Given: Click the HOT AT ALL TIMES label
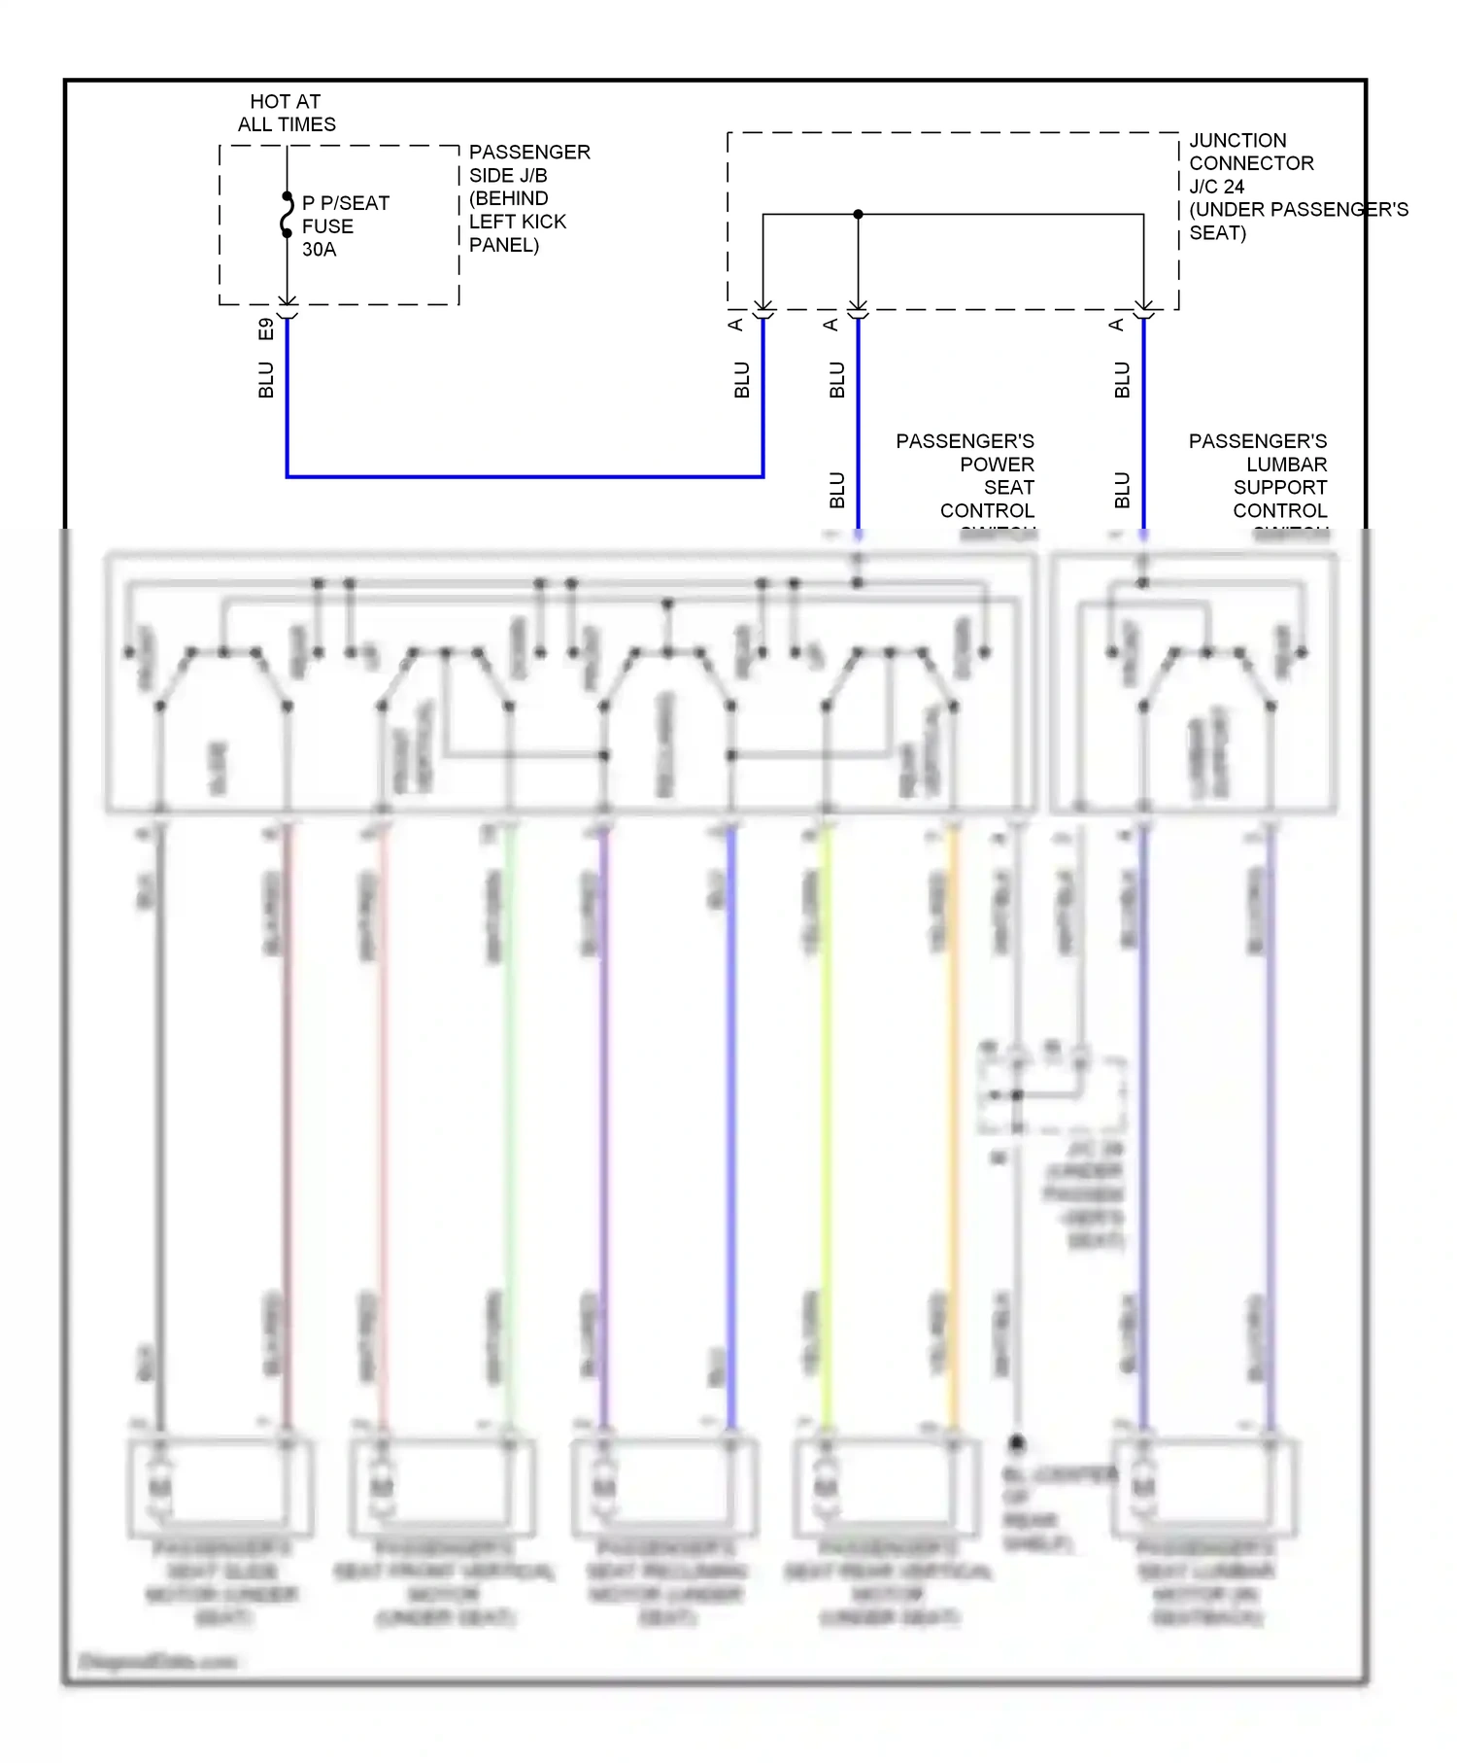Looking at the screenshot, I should [286, 113].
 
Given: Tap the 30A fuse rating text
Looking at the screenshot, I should [319, 250].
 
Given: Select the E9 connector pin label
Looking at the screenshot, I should [266, 329].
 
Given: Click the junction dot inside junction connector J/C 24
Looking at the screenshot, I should [858, 215].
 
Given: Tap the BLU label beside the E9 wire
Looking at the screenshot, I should [266, 380].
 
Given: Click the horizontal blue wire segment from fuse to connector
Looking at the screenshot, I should [525, 476].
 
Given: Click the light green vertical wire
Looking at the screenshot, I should [509, 1118].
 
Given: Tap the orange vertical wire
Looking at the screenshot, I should [953, 1118].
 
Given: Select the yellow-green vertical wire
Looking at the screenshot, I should [827, 1118].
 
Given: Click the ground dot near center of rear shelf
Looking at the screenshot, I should [1017, 1442].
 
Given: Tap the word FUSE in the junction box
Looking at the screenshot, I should [327, 226].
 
